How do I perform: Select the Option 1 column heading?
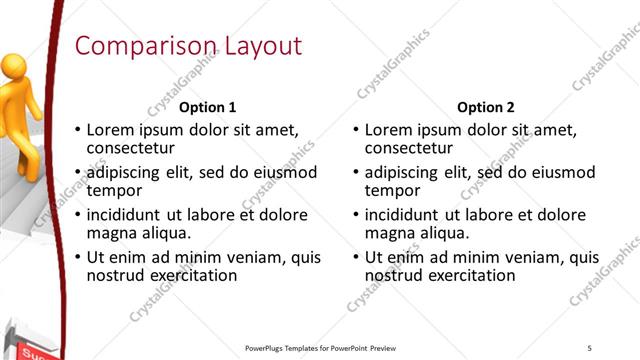point(208,107)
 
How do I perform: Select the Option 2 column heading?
point(486,107)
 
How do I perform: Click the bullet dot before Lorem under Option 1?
point(78,130)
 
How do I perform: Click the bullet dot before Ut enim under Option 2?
point(356,257)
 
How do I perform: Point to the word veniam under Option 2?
point(518,257)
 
